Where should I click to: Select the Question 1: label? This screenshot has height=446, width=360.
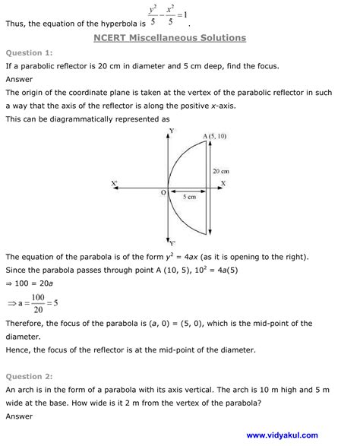29,53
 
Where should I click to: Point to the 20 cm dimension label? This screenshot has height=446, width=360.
220,172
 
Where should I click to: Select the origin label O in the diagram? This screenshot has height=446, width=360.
163,194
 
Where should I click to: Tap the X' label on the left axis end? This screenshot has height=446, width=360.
114,183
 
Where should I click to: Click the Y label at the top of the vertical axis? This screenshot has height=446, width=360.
172,131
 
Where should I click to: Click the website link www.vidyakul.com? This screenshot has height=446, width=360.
282,435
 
